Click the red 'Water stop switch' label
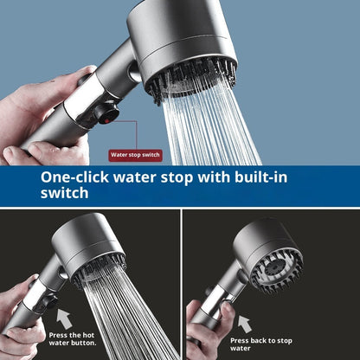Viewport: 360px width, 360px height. click(134, 155)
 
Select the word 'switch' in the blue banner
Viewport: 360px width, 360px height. click(65, 194)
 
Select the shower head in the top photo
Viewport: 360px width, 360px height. click(183, 43)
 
